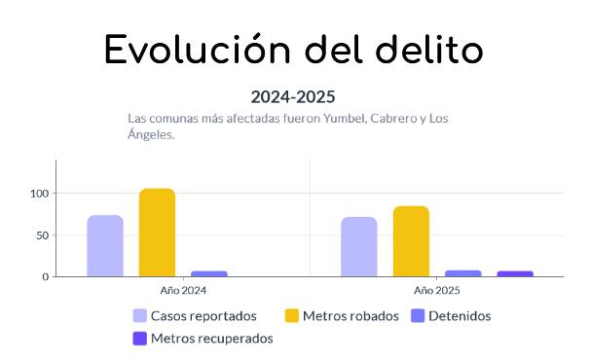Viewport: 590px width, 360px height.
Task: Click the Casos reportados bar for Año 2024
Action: [x=105, y=245]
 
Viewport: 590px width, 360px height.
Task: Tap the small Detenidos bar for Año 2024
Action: [x=208, y=273]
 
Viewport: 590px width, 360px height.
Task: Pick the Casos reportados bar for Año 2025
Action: [x=359, y=246]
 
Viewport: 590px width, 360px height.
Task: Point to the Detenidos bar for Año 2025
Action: [x=463, y=273]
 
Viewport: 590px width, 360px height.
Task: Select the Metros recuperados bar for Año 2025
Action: [x=515, y=273]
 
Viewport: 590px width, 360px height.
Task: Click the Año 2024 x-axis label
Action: [x=183, y=290]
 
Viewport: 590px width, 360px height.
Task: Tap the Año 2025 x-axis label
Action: [x=437, y=290]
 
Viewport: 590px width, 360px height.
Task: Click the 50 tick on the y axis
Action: [x=42, y=235]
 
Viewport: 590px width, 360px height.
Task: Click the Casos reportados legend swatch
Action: [x=140, y=316]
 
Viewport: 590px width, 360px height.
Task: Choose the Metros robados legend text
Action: [x=350, y=316]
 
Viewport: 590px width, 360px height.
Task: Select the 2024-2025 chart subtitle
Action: [x=293, y=96]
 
